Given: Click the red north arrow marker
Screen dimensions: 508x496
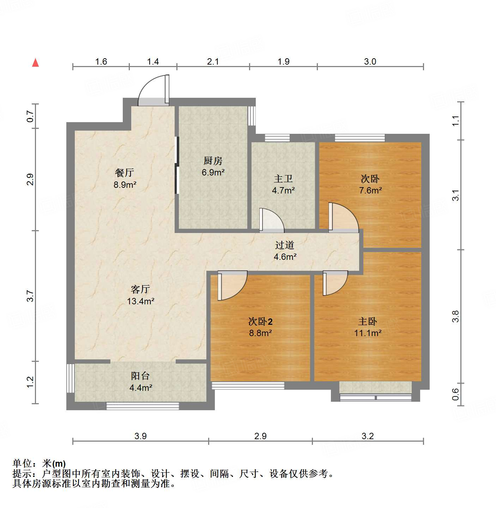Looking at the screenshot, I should point(35,62).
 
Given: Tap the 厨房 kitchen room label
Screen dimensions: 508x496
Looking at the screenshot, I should point(213,161).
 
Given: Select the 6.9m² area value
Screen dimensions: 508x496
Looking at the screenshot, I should point(213,173).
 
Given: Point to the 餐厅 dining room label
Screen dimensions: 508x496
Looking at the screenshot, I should point(125,173).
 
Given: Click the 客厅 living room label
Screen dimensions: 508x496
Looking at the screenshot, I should point(140,289).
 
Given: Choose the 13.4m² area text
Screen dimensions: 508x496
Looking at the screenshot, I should point(140,301).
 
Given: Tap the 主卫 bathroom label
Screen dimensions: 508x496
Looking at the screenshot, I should point(283,179).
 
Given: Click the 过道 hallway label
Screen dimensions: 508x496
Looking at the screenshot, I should point(285,245).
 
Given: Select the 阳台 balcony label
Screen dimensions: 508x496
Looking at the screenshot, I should point(140,376).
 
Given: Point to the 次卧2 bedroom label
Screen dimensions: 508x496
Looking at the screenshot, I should point(260,322).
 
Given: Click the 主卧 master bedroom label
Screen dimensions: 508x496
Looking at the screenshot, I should point(368,322).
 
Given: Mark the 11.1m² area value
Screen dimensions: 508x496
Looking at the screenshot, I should point(368,333).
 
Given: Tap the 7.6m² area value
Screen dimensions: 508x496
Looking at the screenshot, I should point(370,191).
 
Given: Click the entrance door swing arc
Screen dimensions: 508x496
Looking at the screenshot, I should point(152,90).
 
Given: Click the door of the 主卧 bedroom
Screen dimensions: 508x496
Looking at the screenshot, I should point(334,283).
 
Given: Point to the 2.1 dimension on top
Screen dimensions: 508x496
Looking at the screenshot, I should point(213,62).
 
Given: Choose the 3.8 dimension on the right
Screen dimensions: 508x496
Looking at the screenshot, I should point(455,316).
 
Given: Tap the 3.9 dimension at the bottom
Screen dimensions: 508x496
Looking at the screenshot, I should point(140,436).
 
